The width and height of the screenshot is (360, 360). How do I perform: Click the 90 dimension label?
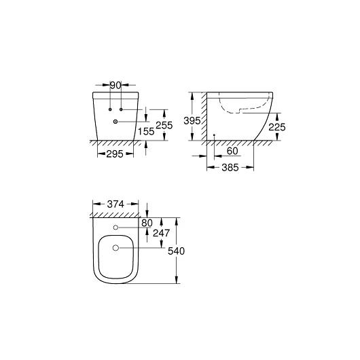(115, 86)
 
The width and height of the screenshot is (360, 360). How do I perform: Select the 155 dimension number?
(146, 131)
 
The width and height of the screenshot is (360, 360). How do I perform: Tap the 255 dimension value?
(164, 126)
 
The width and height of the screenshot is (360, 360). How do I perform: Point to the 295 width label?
(115, 154)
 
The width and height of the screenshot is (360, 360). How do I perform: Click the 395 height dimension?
(192, 121)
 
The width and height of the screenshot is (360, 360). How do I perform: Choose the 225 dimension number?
(277, 127)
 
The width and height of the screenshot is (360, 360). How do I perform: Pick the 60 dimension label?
(232, 151)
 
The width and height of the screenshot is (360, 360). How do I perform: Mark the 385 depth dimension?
(230, 168)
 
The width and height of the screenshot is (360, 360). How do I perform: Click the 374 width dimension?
(115, 204)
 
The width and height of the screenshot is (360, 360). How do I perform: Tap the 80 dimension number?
(147, 223)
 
